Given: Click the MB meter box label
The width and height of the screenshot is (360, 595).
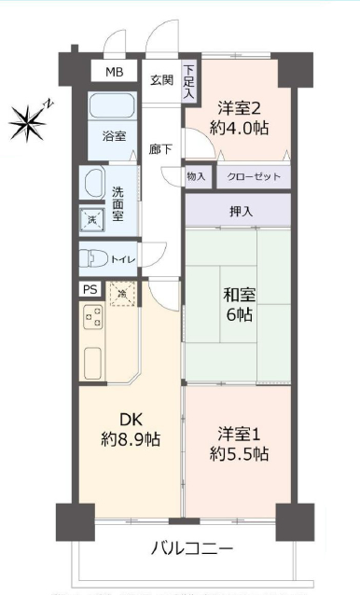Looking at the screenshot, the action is pyautogui.click(x=114, y=72).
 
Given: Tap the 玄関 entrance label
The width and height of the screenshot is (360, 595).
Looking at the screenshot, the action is pyautogui.click(x=161, y=80).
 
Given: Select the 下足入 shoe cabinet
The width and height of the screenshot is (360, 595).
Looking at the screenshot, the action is pyautogui.click(x=189, y=82).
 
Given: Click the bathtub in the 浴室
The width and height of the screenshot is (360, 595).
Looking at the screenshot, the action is pyautogui.click(x=112, y=104).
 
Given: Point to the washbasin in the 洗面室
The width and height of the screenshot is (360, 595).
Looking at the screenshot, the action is pyautogui.click(x=94, y=184).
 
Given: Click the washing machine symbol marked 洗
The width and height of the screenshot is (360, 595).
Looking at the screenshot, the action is pyautogui.click(x=92, y=220).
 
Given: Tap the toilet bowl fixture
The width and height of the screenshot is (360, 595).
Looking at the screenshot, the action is pyautogui.click(x=93, y=258).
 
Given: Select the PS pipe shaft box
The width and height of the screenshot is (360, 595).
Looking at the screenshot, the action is pyautogui.click(x=90, y=289).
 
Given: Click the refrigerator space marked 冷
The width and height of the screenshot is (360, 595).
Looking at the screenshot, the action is pyautogui.click(x=122, y=294).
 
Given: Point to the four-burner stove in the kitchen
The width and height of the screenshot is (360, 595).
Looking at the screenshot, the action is pyautogui.click(x=93, y=316).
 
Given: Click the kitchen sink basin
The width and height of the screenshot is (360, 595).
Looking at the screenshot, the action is pyautogui.click(x=92, y=363).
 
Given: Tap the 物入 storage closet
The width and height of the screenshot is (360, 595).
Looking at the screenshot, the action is pyautogui.click(x=197, y=176).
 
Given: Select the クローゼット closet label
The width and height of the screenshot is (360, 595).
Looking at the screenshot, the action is pyautogui.click(x=254, y=176).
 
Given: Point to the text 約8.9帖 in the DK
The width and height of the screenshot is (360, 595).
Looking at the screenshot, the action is pyautogui.click(x=131, y=439).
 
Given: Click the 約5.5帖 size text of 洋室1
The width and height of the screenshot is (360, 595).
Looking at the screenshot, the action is pyautogui.click(x=239, y=454).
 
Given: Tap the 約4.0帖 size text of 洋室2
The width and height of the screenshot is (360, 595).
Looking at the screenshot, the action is pyautogui.click(x=239, y=129).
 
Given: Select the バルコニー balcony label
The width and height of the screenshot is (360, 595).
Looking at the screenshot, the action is pyautogui.click(x=192, y=548).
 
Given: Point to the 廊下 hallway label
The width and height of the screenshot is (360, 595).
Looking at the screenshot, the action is pyautogui.click(x=160, y=149).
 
